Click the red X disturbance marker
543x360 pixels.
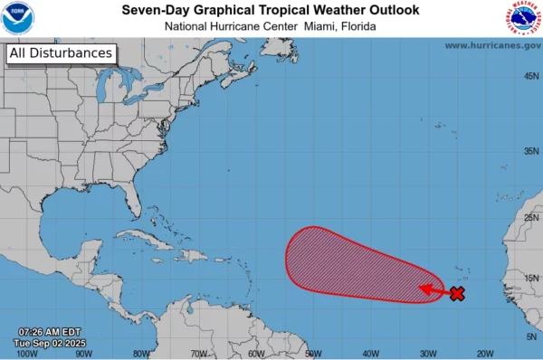point(457,293)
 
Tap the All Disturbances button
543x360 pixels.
point(61,53)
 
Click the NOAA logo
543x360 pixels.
point(18,18)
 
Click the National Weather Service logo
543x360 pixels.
point(524,18)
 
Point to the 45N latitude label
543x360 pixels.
point(531,76)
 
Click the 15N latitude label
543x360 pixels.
point(531,277)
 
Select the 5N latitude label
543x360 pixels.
point(531,336)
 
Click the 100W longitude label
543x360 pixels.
point(29,354)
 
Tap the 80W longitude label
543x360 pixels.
point(141,354)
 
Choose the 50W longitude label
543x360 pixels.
point(313,354)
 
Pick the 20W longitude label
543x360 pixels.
point(484,354)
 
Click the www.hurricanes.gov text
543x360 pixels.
point(492,45)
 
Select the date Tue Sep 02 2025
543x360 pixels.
point(52,343)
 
